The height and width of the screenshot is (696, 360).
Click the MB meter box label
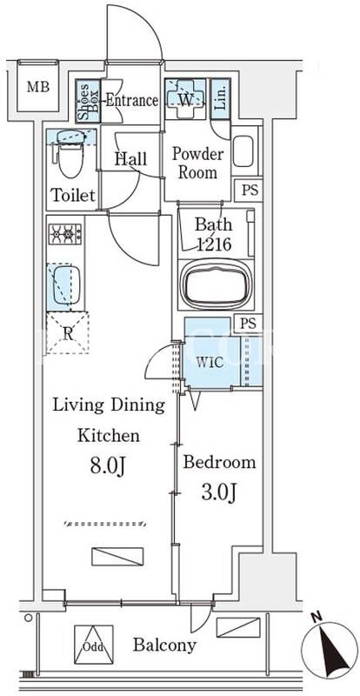[37, 86]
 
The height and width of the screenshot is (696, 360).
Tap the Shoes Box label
[88, 101]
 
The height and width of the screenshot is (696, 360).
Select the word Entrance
[131, 100]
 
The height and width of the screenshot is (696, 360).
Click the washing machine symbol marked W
[185, 99]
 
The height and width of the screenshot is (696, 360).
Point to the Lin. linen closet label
[220, 99]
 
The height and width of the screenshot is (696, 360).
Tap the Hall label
[130, 159]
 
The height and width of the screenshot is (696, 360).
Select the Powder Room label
[197, 164]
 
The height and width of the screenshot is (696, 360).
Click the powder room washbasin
[243, 151]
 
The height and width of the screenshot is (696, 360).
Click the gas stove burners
[65, 234]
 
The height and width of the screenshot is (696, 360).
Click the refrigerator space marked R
[68, 332]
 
